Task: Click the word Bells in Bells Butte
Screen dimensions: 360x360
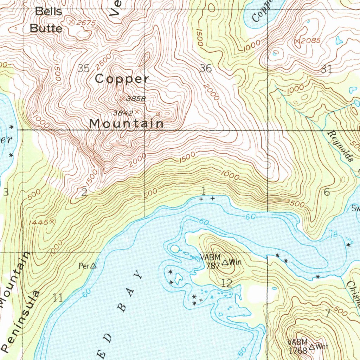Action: (x=49, y=12)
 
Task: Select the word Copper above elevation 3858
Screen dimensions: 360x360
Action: (x=122, y=79)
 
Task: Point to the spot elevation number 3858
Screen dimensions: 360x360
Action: (x=136, y=99)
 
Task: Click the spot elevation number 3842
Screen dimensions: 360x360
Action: (x=123, y=113)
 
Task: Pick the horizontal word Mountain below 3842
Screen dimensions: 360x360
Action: (x=126, y=124)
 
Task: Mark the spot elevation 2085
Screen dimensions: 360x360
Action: (x=311, y=40)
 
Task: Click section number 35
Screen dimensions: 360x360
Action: (x=83, y=68)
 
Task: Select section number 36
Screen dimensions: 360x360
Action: (x=206, y=68)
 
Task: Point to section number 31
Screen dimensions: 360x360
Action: (x=326, y=69)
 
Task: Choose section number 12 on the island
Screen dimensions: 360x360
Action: (x=227, y=283)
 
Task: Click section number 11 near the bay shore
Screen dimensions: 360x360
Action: (x=58, y=298)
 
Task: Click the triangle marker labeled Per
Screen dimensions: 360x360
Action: (x=93, y=266)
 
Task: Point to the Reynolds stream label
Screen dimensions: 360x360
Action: (x=340, y=146)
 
